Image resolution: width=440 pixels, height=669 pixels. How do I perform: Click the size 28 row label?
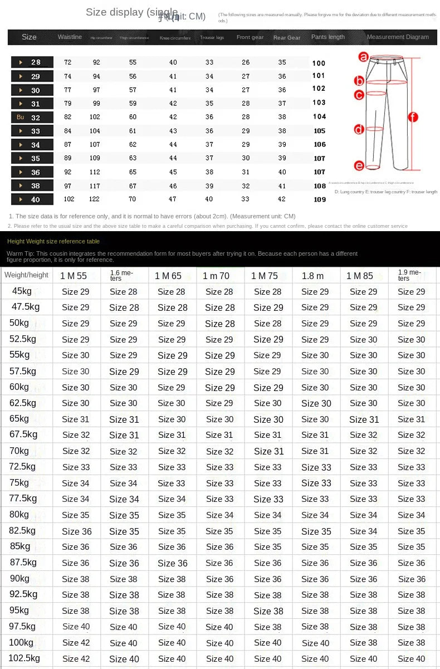(32, 62)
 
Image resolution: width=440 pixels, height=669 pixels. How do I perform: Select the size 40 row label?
(32, 199)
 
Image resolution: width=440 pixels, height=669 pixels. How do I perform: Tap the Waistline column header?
(70, 37)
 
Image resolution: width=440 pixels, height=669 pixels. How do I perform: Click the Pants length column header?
(327, 37)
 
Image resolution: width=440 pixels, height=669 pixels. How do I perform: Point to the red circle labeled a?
(363, 56)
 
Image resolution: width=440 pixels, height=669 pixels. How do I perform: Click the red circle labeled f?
(413, 117)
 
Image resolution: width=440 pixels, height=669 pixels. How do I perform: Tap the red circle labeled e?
(359, 165)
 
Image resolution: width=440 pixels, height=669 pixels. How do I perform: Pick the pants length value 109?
(320, 199)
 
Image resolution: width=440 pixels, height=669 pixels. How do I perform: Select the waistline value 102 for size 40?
(69, 199)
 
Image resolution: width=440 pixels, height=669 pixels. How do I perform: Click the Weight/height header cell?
(26, 275)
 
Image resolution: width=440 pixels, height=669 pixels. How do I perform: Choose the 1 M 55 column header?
(74, 276)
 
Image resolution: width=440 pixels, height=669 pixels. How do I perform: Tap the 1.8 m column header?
(312, 276)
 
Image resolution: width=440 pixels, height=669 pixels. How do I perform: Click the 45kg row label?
(22, 291)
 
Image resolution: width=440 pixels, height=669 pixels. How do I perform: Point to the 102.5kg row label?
(25, 658)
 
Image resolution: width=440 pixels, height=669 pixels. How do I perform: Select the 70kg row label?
(19, 451)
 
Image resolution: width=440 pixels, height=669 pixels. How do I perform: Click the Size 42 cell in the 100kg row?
(76, 643)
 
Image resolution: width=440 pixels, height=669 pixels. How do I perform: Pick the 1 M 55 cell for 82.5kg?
(76, 531)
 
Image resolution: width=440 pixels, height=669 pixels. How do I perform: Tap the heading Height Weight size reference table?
(53, 241)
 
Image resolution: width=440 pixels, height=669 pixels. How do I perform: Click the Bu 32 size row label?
(32, 118)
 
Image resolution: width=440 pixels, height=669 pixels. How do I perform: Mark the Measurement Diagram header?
(398, 37)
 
